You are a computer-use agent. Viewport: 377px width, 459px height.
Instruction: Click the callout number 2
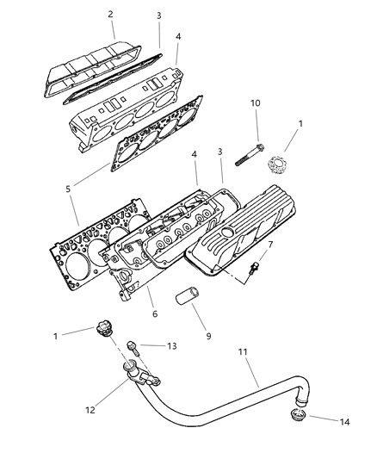tap(110, 15)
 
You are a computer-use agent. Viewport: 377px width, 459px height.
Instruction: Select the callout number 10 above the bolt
tap(255, 103)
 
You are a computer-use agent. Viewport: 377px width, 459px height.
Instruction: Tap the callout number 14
tap(344, 422)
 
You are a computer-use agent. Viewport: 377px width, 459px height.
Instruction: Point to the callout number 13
tap(172, 346)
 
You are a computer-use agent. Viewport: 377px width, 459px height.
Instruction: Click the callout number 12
tap(90, 410)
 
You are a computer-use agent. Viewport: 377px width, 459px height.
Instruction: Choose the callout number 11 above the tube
tap(243, 351)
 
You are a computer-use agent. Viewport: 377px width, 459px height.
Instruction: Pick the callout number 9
tap(208, 336)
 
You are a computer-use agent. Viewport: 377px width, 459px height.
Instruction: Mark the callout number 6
tap(155, 313)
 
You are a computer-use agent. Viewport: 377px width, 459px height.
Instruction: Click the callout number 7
tap(270, 244)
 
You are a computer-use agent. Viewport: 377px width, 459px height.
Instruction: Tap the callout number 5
tap(68, 189)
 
